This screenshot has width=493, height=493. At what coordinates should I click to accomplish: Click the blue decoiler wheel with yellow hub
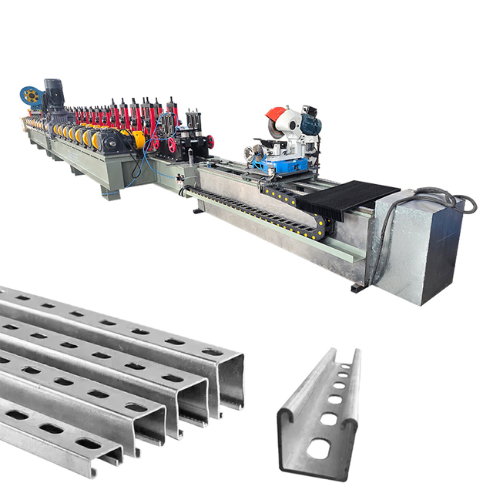(31, 96)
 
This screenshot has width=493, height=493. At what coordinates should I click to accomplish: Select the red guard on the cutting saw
(274, 117)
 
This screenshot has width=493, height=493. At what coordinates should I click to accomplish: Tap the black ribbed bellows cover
(339, 200)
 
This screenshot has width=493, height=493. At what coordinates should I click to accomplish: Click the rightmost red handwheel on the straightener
(209, 142)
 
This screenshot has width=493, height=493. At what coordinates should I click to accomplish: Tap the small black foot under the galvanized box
(356, 289)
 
